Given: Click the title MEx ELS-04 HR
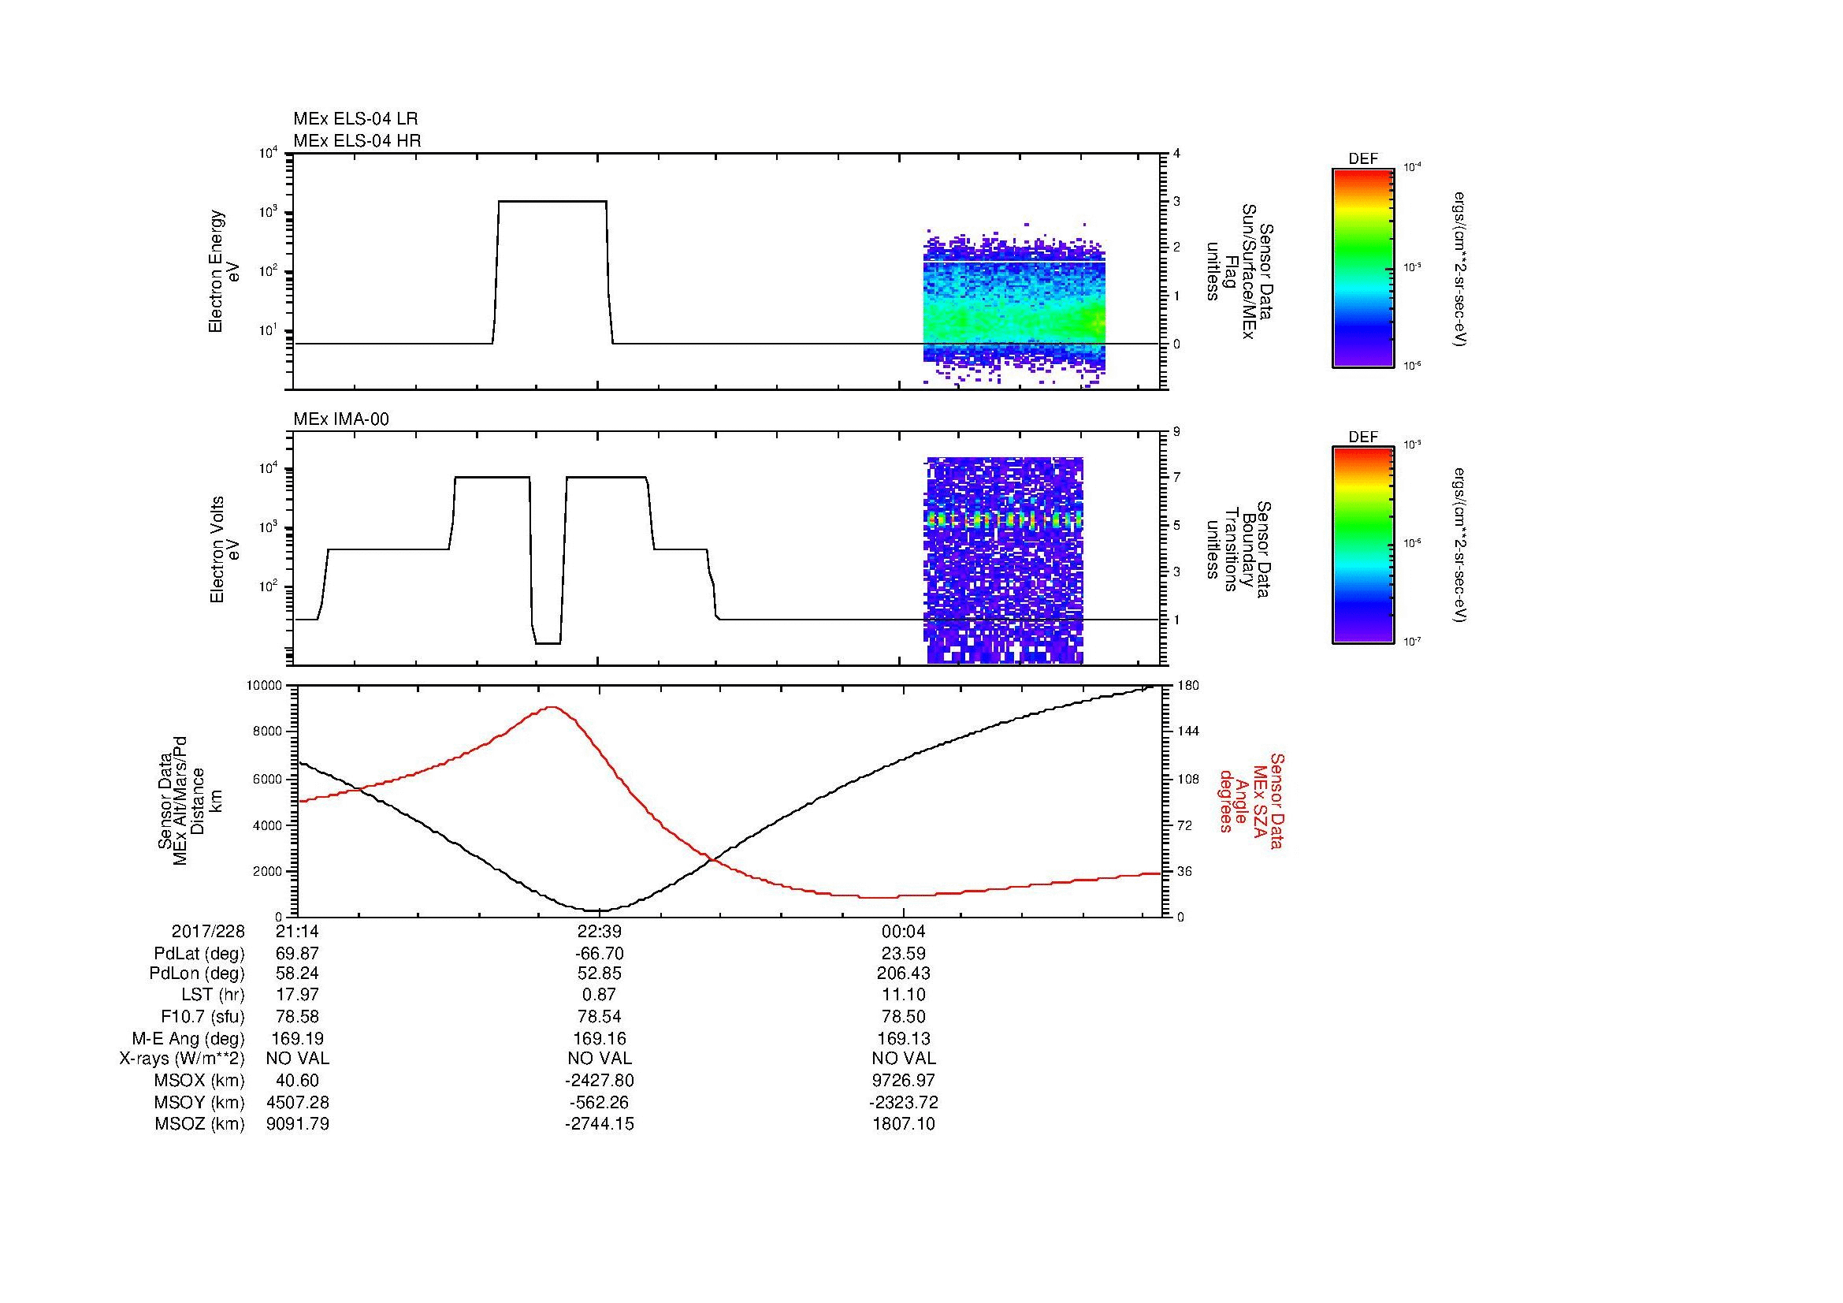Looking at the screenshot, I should (356, 140).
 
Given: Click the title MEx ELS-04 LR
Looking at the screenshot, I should (355, 119).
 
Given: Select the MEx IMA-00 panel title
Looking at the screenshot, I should (341, 419).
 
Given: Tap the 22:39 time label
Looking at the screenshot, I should (599, 931).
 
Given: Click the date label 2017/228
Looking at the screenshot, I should (208, 931).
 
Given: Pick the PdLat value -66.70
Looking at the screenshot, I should (599, 954).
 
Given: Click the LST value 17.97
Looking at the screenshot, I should (297, 995).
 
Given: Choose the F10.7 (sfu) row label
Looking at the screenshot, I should (203, 1017).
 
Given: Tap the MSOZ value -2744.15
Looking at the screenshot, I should (599, 1124).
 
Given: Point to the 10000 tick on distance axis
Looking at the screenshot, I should (265, 686).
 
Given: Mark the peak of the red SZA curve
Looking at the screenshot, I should (552, 707).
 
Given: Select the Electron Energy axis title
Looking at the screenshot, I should (216, 271).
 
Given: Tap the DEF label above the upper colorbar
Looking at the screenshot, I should (1363, 159).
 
